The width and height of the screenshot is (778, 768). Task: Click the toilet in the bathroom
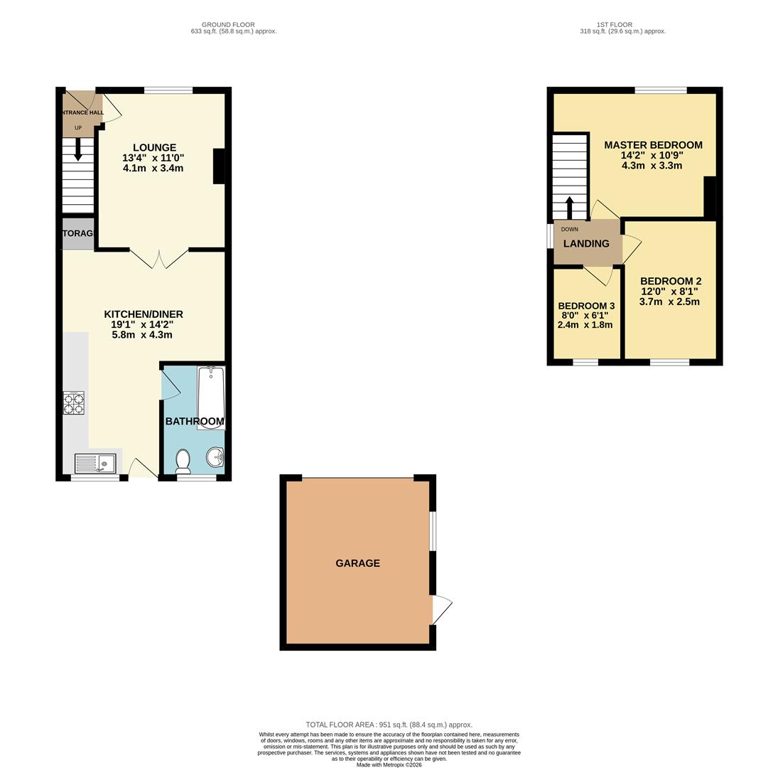pyautogui.click(x=183, y=461)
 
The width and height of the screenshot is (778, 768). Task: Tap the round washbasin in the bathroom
pyautogui.click(x=215, y=457)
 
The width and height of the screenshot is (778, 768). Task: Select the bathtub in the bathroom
pyautogui.click(x=210, y=398)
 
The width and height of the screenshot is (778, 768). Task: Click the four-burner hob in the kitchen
pyautogui.click(x=73, y=403)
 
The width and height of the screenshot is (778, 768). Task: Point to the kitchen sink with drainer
pyautogui.click(x=95, y=464)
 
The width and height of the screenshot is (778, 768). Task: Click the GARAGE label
pyautogui.click(x=357, y=563)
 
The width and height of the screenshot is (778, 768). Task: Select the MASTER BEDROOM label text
pyautogui.click(x=653, y=145)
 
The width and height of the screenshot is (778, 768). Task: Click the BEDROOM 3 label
pyautogui.click(x=585, y=306)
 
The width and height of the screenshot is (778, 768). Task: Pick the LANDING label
pyautogui.click(x=586, y=243)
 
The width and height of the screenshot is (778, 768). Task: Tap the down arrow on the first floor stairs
pyautogui.click(x=569, y=208)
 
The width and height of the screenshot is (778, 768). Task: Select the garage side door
pyautogui.click(x=441, y=609)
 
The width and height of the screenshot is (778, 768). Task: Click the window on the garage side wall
pyautogui.click(x=433, y=530)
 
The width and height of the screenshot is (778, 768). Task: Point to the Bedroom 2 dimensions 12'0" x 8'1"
pyautogui.click(x=669, y=292)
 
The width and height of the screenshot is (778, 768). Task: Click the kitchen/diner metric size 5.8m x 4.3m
pyautogui.click(x=142, y=335)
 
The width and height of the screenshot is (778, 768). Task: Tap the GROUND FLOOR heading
pyautogui.click(x=228, y=25)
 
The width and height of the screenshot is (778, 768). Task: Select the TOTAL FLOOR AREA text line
pyautogui.click(x=389, y=725)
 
